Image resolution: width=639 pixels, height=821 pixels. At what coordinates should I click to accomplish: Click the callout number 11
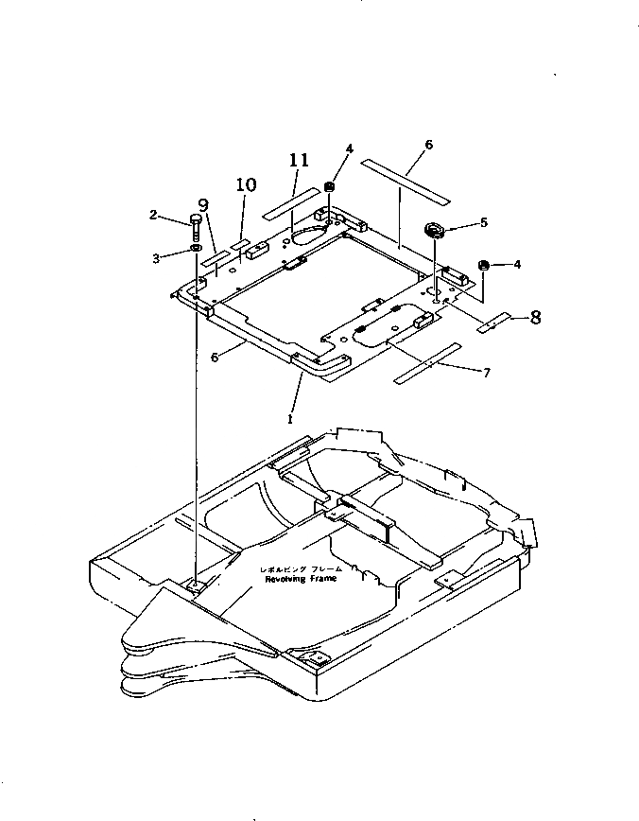click(299, 162)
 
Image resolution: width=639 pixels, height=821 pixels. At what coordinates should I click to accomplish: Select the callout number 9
click(203, 204)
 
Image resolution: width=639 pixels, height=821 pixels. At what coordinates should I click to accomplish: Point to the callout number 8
click(536, 317)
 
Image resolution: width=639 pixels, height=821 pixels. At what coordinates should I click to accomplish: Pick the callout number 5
click(484, 223)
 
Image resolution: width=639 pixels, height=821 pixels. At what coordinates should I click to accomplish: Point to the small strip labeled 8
click(492, 324)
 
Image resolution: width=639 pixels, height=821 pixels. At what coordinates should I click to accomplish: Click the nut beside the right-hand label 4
click(483, 266)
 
